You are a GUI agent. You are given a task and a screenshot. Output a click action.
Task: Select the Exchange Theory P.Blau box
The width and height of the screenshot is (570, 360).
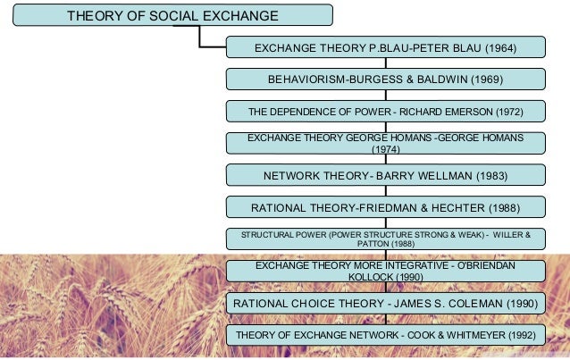coord(385,47)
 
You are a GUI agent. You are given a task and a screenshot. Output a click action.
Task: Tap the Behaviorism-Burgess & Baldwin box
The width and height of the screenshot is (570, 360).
coord(385,80)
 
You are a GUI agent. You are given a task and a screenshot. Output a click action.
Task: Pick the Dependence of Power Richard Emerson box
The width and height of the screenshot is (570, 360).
coord(385,112)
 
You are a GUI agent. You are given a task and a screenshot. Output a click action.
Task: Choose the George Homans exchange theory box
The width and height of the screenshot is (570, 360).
coord(385,143)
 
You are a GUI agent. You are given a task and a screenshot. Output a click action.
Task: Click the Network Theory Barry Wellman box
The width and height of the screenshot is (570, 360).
coord(385,175)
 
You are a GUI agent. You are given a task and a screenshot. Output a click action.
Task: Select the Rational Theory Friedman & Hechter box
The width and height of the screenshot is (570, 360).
coord(385,207)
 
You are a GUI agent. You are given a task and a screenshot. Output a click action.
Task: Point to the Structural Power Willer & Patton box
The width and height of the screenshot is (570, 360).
coord(385,239)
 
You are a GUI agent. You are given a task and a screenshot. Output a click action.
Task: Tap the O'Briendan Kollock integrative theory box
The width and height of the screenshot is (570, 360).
coord(385,271)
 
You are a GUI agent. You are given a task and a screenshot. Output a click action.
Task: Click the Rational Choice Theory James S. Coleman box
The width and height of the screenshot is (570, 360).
coord(385,304)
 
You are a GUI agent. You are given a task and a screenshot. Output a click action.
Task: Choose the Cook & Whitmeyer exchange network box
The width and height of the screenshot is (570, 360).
coord(385,335)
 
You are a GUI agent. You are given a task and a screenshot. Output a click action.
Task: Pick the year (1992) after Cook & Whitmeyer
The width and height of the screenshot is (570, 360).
coord(516,335)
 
